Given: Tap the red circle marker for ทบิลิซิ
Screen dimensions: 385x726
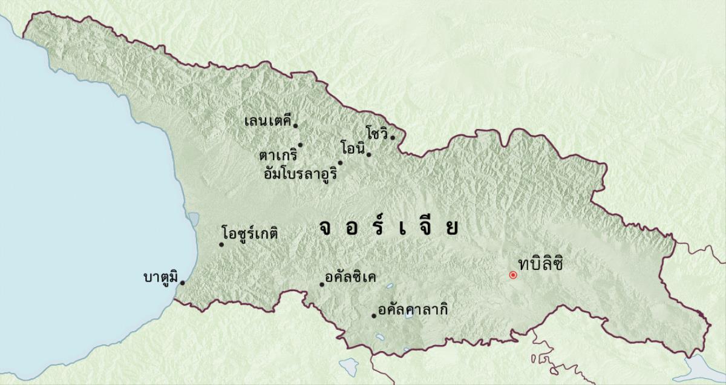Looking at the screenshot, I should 513,275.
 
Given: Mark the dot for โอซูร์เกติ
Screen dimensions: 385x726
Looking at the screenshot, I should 221,245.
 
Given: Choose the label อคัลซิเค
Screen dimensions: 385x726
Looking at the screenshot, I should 351,278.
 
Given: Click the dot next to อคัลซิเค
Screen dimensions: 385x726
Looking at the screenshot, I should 322,285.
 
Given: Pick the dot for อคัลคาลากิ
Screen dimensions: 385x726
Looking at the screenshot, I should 374,315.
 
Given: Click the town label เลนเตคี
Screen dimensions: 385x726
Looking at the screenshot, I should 267,120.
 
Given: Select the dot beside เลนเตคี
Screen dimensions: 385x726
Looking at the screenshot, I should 295,125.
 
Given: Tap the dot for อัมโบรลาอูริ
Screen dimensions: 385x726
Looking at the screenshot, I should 340,162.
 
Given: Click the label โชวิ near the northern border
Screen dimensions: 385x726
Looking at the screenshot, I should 377,133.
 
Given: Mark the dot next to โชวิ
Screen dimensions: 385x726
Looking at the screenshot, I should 393,137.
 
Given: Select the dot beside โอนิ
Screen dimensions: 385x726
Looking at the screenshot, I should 369,154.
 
